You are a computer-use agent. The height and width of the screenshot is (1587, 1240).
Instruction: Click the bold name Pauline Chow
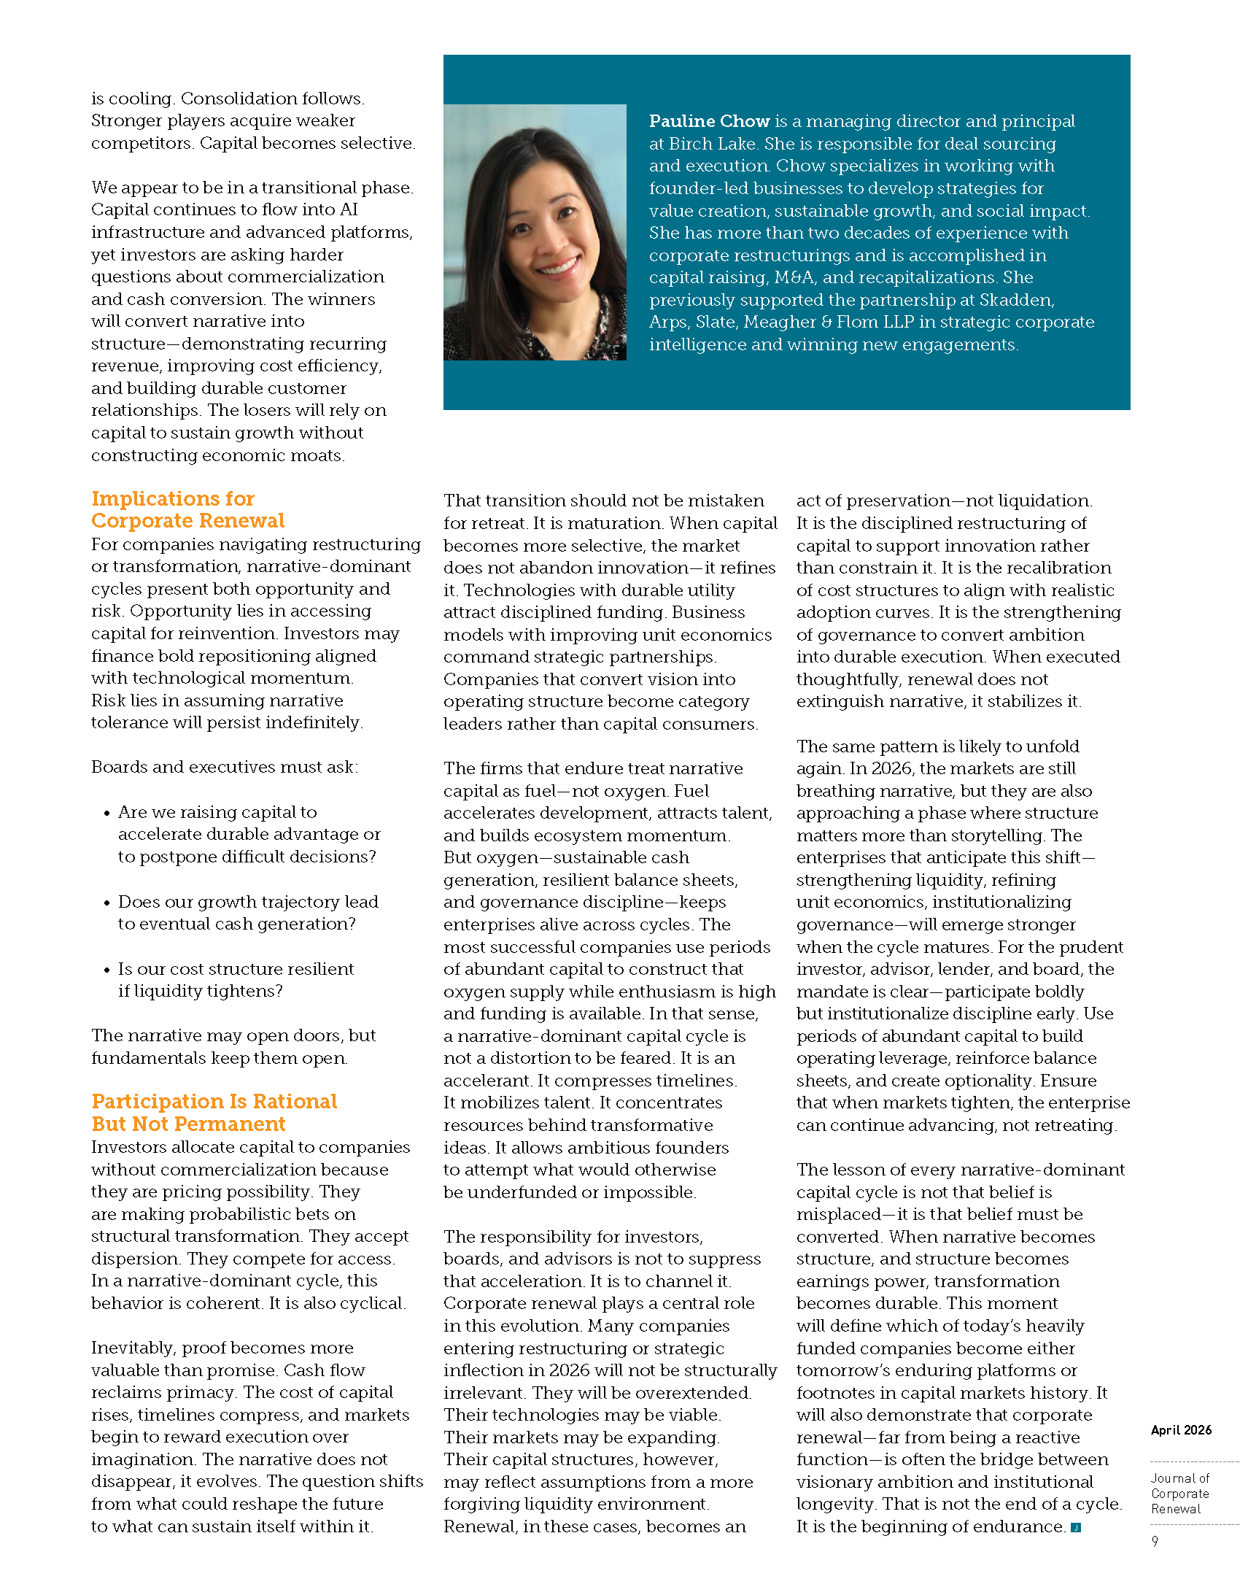coord(709,121)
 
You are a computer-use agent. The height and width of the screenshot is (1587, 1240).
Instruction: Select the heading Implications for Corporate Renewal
coord(187,509)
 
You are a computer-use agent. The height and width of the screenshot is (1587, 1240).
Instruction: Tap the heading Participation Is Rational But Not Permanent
coord(214,1112)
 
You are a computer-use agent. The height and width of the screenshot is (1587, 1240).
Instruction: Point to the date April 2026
coord(1181,1430)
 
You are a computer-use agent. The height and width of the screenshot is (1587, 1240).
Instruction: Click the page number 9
coord(1155,1541)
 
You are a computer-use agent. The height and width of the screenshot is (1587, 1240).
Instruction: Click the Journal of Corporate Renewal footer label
coord(1179,1493)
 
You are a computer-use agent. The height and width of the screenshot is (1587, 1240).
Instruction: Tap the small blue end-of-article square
coord(1075,1527)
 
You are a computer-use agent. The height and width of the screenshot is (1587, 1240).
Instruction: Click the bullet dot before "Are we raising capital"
coord(106,813)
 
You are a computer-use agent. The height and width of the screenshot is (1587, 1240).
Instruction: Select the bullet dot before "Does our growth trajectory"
coord(106,903)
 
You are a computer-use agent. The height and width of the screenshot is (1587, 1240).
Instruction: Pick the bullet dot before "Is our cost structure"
coord(106,970)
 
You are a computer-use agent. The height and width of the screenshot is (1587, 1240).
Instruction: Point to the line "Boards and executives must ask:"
coord(225,767)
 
